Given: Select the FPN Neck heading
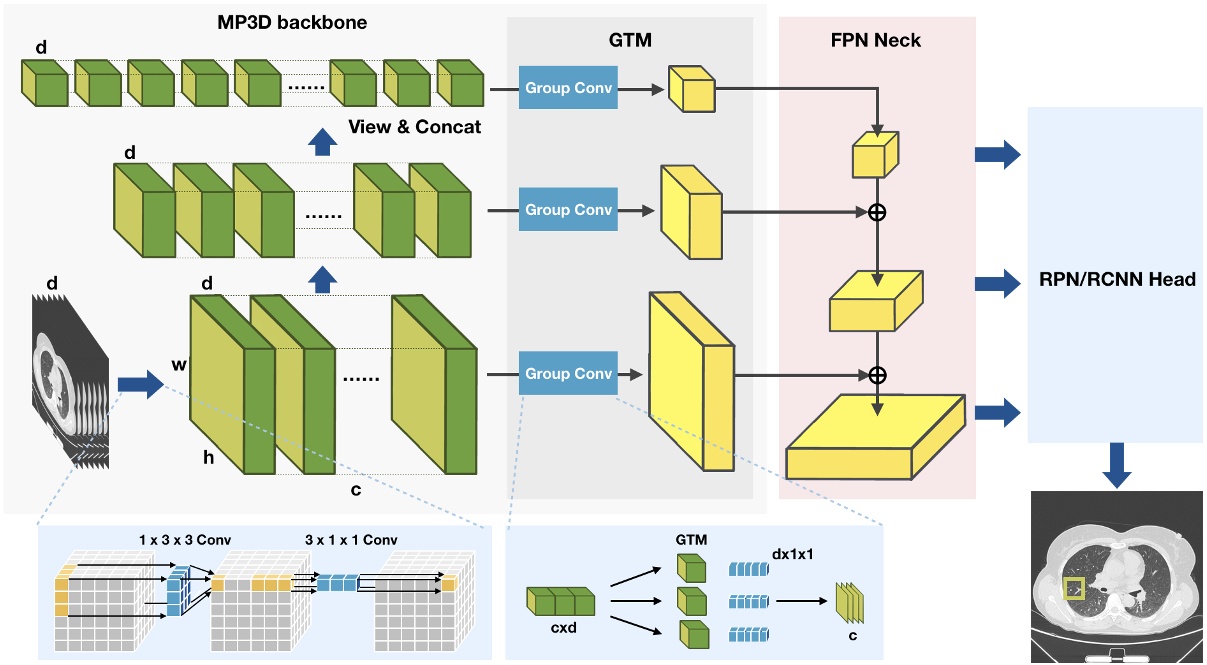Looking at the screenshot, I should [877, 41].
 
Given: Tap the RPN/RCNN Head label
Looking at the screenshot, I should [1115, 280].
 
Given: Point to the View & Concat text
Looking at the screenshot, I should [415, 127].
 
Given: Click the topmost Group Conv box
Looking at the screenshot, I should [568, 88].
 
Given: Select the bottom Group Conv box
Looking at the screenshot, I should [568, 374].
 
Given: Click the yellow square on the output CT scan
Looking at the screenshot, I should [1075, 589].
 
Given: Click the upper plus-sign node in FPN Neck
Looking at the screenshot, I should [877, 212].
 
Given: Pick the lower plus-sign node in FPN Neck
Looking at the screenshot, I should [877, 375].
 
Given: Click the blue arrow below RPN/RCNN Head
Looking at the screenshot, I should [1115, 465].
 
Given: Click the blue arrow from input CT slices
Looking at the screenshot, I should [139, 384].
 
